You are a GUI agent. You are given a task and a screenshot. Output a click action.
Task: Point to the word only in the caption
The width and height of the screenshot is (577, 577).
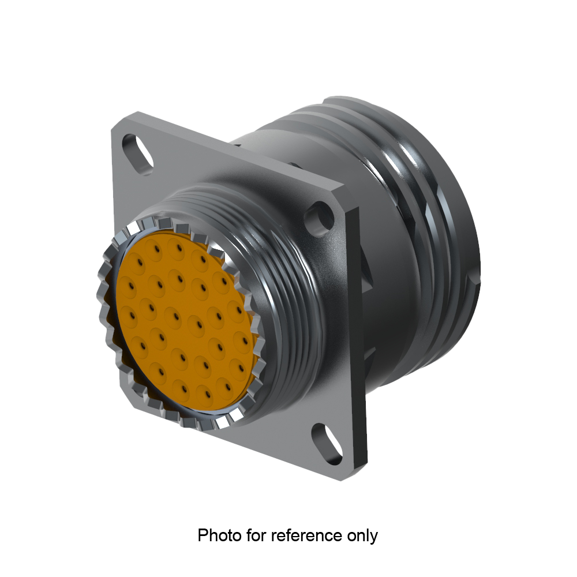click(x=362, y=535)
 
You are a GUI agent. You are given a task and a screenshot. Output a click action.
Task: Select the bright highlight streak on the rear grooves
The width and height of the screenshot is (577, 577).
click(x=404, y=173)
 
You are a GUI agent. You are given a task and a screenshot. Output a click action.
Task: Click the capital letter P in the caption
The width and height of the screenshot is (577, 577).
click(x=203, y=535)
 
